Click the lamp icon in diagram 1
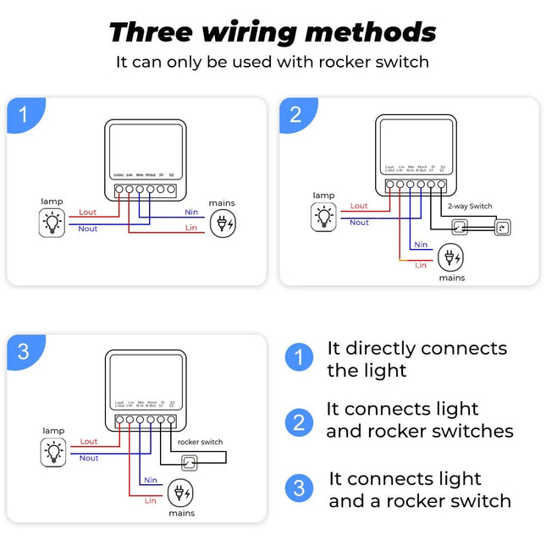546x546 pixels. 52,223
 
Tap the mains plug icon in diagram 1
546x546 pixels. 222,223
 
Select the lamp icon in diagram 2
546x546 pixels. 323,216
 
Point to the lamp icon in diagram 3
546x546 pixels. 53,451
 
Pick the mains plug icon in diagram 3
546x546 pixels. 180,493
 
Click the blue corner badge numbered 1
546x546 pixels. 23,114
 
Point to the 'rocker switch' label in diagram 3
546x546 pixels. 200,442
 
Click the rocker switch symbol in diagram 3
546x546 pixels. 190,461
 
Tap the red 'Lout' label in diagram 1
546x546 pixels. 88,212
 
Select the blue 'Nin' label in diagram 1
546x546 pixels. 191,212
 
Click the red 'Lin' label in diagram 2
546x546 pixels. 421,265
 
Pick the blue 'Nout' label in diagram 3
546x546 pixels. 89,458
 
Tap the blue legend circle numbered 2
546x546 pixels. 298,422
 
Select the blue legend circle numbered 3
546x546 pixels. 298,488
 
